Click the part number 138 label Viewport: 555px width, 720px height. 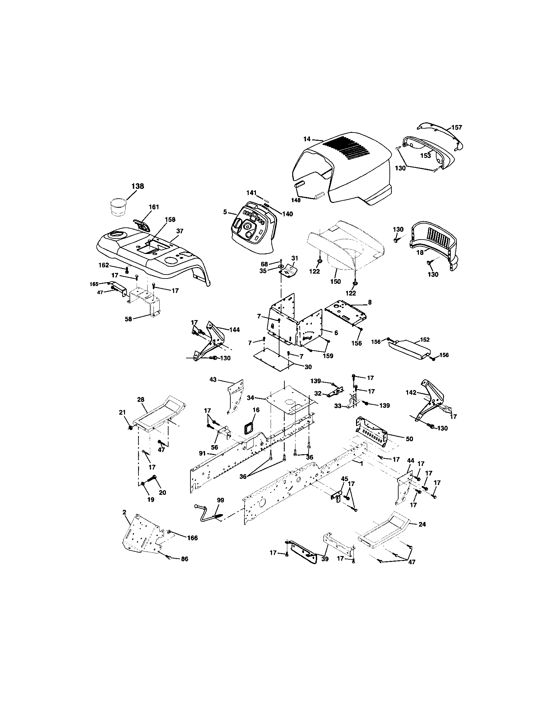[x=137, y=186]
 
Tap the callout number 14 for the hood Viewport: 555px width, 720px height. [x=307, y=139]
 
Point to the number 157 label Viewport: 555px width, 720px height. [x=457, y=127]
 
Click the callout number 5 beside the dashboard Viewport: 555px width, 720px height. [x=225, y=212]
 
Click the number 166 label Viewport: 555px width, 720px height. [x=192, y=538]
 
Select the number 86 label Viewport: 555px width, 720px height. [x=185, y=559]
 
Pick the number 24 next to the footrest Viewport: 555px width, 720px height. [x=422, y=524]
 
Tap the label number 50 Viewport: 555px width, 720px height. [x=409, y=439]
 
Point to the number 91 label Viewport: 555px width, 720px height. [x=202, y=453]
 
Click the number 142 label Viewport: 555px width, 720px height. [x=410, y=393]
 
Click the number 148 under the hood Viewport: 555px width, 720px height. [x=295, y=200]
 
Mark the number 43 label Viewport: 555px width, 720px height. [x=213, y=379]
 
